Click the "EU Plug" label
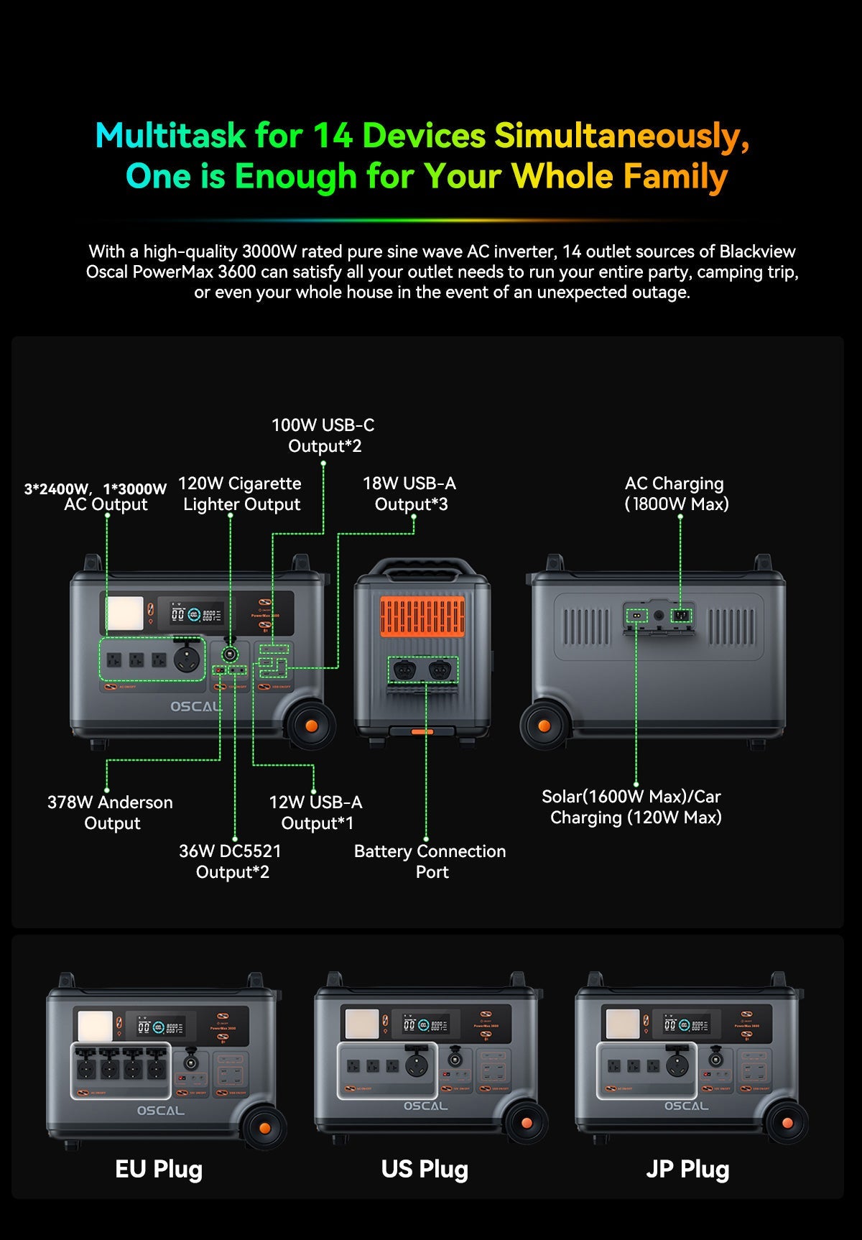pos(159,1169)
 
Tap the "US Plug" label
pos(425,1169)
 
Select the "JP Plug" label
pos(687,1169)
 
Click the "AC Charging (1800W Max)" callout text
pos(676,494)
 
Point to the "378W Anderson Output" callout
pos(110,813)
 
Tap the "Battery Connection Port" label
pos(430,861)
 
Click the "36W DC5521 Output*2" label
pos(231,861)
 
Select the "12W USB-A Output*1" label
pos(316,813)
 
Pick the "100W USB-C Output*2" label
pos(323,435)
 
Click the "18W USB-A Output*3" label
pos(409,494)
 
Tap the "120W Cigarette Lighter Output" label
pos(241,494)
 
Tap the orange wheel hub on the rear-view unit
pos(544,726)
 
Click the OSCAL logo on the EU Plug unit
pos(161,1110)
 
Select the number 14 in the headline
pos(333,135)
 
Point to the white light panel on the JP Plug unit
pos(622,1024)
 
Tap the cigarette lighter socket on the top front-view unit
pos(230,654)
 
